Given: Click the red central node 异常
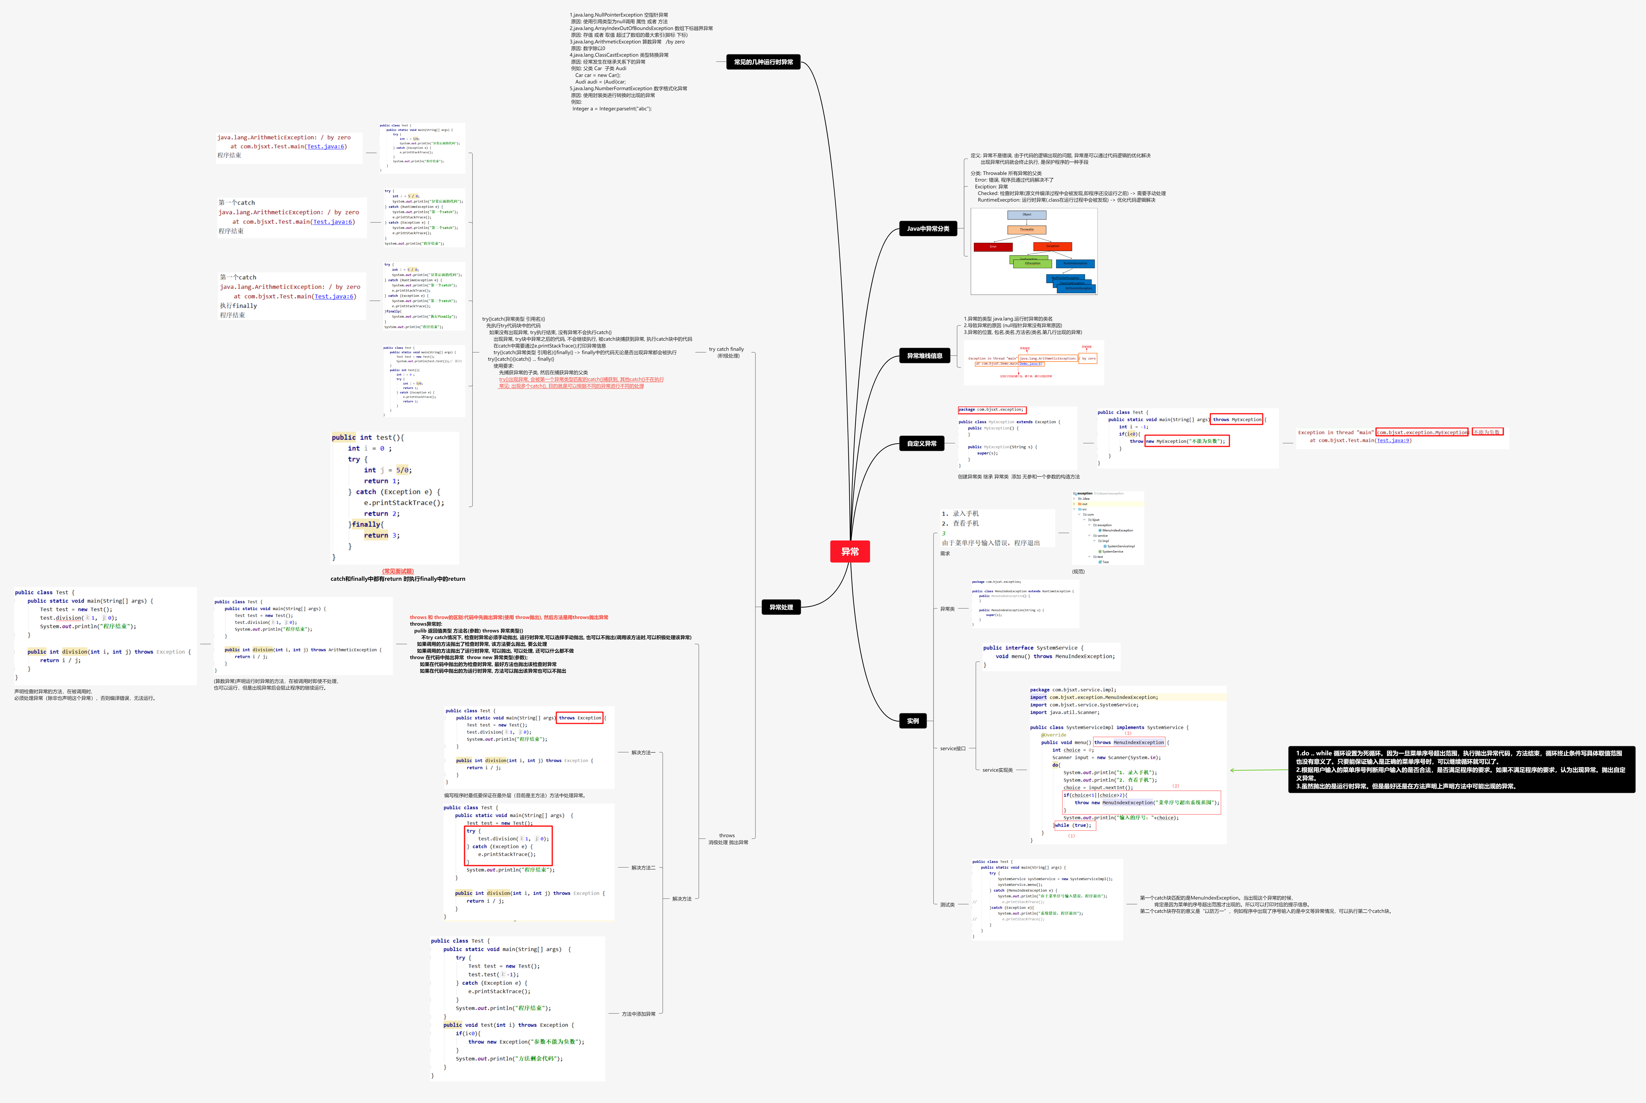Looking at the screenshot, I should pos(850,551).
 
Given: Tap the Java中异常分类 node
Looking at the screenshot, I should pos(928,229).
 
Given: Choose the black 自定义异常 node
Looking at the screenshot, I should pos(921,444).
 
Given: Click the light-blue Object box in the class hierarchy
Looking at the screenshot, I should pos(1027,214).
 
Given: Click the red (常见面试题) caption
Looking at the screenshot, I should pos(398,571).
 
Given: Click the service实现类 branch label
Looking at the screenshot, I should pos(997,770).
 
